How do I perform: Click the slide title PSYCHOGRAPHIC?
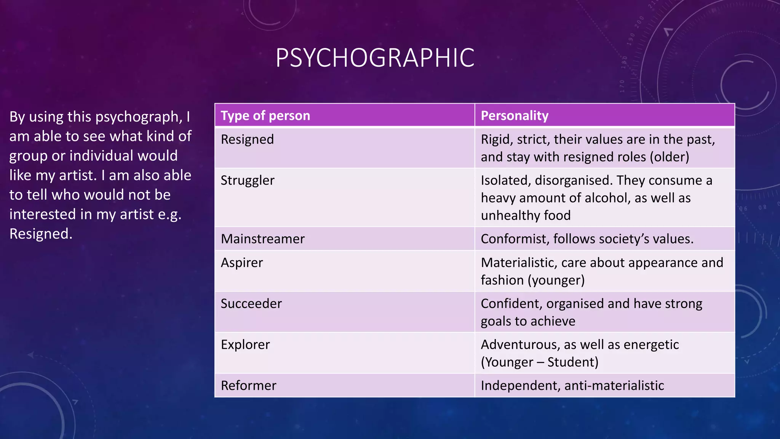pos(375,58)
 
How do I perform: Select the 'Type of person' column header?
pos(265,115)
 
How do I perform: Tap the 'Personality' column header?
pos(515,115)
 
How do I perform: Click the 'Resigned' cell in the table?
pos(247,139)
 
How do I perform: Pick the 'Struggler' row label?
pos(248,180)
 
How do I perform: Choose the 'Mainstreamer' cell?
pos(263,239)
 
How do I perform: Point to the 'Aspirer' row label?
pos(242,263)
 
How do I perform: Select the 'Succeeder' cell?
pos(251,304)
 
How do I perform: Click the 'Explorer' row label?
pos(245,344)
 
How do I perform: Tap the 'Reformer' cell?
pos(249,386)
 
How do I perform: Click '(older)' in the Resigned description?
pos(669,157)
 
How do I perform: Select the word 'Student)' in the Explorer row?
pos(573,362)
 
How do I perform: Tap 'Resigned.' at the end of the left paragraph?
pos(41,234)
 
